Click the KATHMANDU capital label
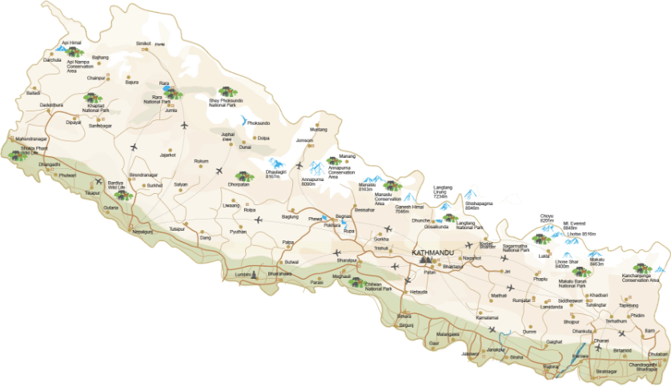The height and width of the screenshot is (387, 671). tap(433, 252)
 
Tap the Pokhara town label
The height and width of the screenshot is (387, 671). tap(322, 227)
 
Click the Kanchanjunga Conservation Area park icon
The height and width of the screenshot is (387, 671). tap(641, 269)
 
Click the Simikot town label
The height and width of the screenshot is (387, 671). tap(143, 43)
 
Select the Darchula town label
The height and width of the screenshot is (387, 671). tap(50, 60)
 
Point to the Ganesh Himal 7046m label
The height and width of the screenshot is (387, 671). tap(409, 209)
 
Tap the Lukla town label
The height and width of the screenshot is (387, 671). tap(545, 256)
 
